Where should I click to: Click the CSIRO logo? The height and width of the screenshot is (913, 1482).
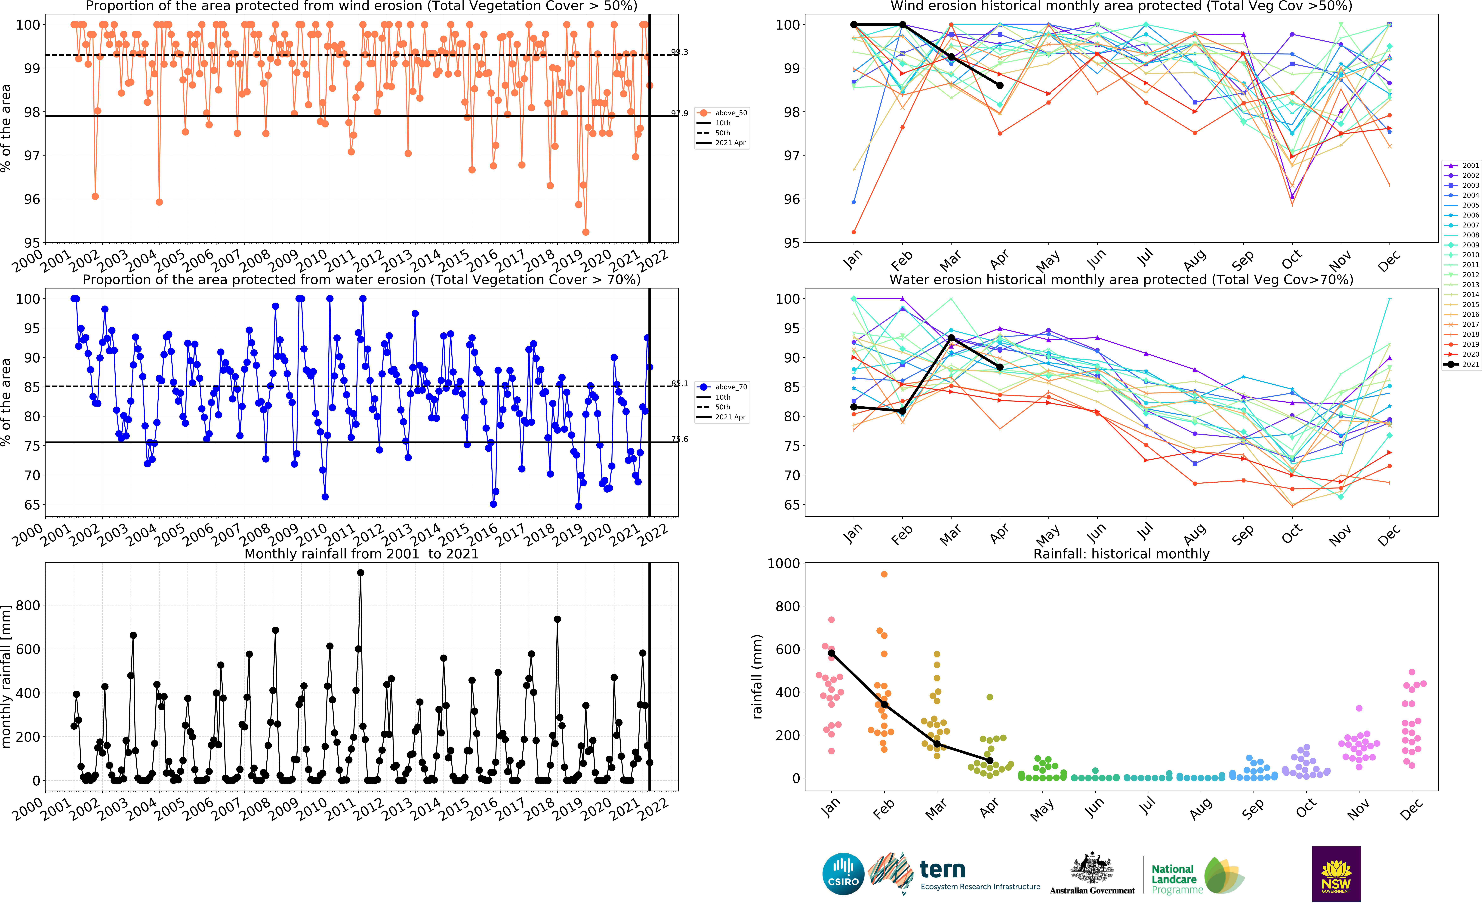(x=843, y=874)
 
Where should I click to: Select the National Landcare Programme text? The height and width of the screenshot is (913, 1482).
(x=1173, y=879)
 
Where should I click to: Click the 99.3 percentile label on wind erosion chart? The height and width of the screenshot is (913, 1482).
(x=679, y=52)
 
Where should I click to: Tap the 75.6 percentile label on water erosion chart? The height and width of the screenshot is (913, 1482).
(x=679, y=439)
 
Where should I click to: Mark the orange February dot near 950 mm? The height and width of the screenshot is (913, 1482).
(x=884, y=574)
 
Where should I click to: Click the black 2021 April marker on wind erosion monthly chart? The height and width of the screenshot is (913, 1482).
(x=1000, y=85)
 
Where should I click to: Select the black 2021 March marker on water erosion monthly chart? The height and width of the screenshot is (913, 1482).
(x=951, y=338)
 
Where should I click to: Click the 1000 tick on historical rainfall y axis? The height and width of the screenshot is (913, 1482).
(x=783, y=563)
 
